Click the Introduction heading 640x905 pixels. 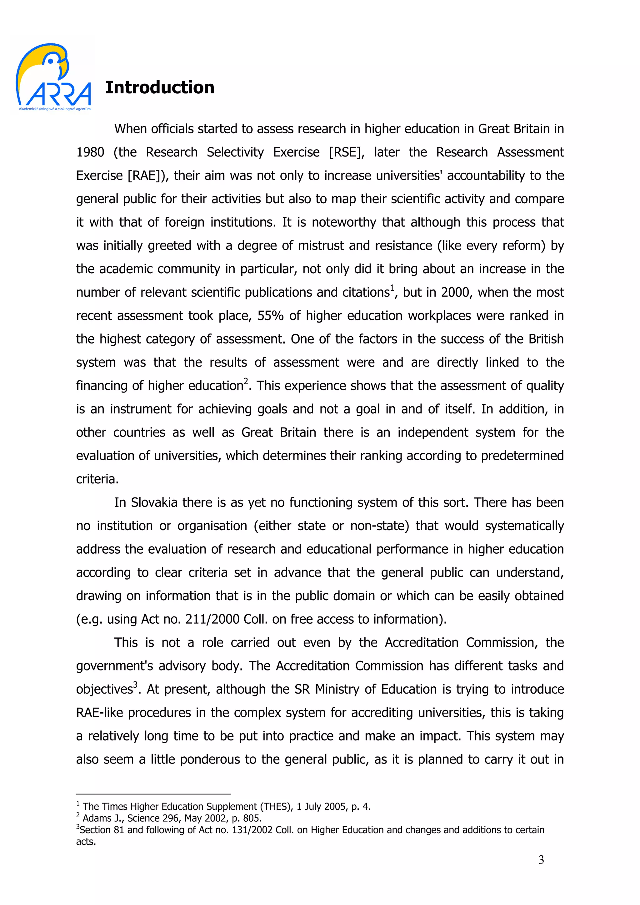pyautogui.click(x=160, y=87)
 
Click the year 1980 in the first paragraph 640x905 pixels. pyautogui.click(x=90, y=152)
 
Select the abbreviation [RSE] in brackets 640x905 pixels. pyautogui.click(x=347, y=152)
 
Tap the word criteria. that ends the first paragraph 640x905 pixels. pyautogui.click(x=97, y=479)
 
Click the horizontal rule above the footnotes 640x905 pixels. pyautogui.click(x=153, y=794)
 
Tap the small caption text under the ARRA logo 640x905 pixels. pyautogui.click(x=55, y=109)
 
